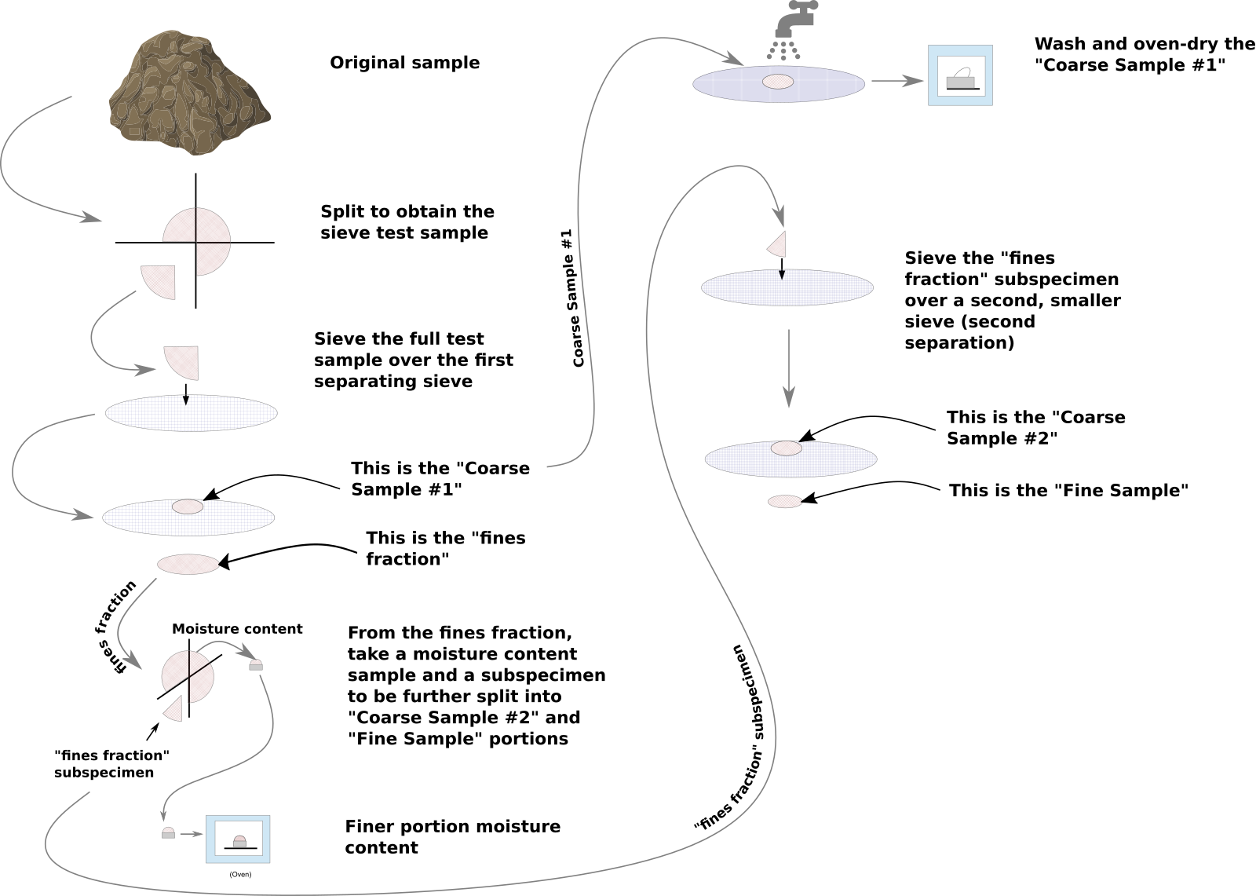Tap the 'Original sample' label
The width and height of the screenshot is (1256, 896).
pos(404,63)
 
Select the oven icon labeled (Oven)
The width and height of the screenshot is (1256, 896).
pos(238,839)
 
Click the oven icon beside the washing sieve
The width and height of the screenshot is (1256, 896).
pos(960,75)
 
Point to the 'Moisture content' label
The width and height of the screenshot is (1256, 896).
pos(237,629)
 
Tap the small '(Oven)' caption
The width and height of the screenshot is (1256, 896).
pos(240,874)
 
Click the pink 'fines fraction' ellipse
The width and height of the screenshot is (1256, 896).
pos(188,564)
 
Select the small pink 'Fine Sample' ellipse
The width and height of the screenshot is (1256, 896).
pos(784,501)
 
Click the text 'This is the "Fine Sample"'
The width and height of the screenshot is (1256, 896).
pos(1068,491)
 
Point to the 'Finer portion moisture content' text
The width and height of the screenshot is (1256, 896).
pos(453,837)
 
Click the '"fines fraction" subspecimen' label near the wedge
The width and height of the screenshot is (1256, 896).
pos(111,764)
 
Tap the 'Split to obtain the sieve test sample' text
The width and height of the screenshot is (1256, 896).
pos(407,222)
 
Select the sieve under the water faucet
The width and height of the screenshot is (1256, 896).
pos(778,84)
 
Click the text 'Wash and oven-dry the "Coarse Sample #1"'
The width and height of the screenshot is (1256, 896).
pos(1144,55)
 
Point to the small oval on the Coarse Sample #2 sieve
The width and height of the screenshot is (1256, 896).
pos(786,448)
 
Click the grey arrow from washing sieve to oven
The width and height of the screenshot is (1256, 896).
pos(896,80)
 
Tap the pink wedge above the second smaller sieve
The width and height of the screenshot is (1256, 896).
pos(778,244)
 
